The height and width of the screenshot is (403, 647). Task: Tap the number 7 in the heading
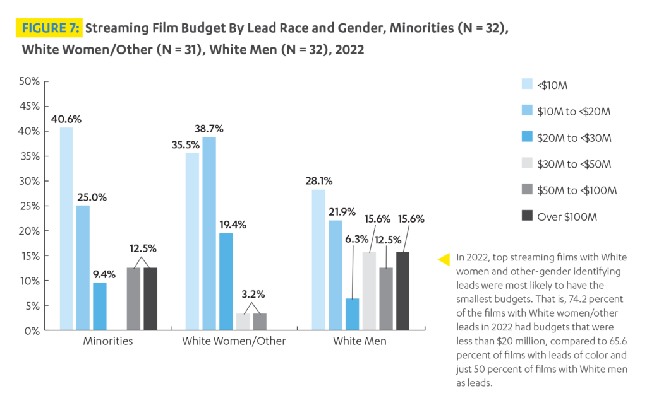72,28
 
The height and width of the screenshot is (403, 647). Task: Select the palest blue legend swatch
529,84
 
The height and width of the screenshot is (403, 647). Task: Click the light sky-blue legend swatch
529,114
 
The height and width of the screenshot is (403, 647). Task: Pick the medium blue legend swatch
529,144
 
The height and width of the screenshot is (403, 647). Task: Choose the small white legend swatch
529,163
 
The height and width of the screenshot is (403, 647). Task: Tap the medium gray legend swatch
529,196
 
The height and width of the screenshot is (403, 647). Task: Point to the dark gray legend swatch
529,230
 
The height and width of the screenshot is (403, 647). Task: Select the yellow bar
446,293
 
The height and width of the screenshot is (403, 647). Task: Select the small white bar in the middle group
243,321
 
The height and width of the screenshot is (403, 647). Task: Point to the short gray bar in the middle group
281,321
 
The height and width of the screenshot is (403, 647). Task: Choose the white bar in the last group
370,290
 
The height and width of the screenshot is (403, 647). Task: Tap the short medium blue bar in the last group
353,313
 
